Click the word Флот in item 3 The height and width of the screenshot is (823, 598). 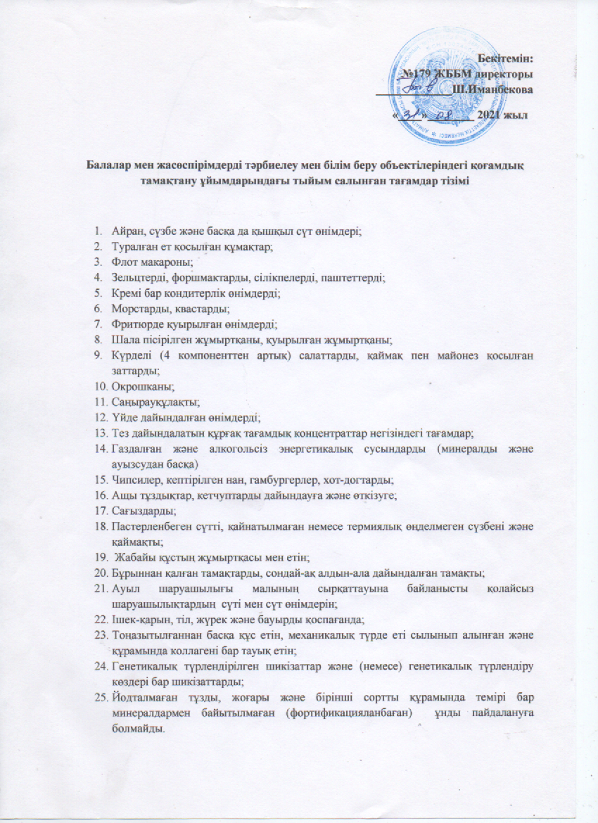coord(122,262)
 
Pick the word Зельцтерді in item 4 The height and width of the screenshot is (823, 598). coord(137,278)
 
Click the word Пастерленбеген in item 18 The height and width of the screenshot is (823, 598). coord(151,525)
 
